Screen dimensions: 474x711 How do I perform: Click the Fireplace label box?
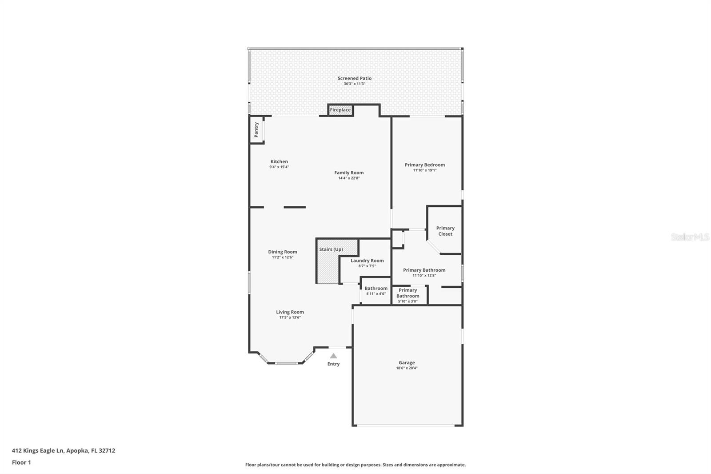(x=340, y=110)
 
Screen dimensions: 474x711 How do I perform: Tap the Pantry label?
(x=256, y=129)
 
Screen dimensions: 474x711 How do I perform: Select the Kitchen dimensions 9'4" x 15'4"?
(x=279, y=167)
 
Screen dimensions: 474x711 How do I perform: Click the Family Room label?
(x=349, y=173)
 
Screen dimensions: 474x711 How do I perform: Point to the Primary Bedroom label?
(x=424, y=165)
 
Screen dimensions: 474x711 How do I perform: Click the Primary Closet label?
(x=445, y=231)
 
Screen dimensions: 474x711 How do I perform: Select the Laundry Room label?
(x=367, y=261)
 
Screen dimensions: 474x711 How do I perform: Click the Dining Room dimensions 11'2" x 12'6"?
(x=283, y=257)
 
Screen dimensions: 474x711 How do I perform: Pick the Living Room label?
(x=290, y=312)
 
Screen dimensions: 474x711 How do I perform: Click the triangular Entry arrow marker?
(x=333, y=356)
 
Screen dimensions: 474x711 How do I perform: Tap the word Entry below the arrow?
(x=333, y=364)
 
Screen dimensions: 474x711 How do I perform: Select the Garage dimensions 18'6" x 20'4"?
(x=407, y=368)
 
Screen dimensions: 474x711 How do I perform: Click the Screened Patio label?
(x=354, y=78)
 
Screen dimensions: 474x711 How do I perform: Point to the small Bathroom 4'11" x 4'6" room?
(x=375, y=291)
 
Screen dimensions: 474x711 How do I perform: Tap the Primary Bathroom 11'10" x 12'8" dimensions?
(x=424, y=276)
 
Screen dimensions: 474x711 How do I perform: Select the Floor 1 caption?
(x=21, y=462)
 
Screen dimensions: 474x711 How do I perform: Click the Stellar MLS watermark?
(x=690, y=237)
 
